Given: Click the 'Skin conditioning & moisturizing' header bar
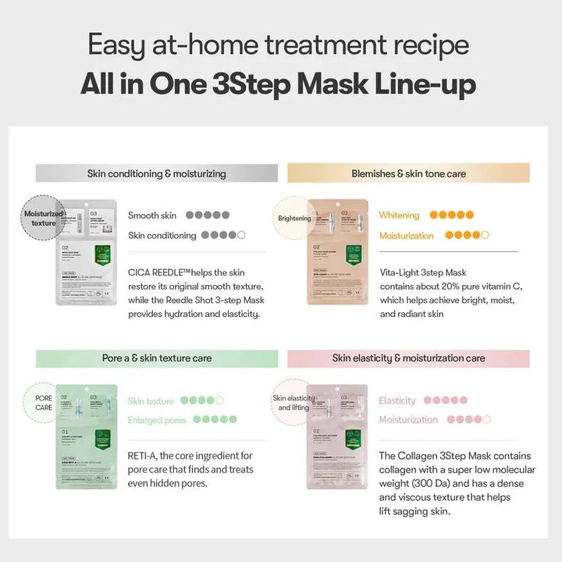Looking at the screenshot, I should pos(156,173).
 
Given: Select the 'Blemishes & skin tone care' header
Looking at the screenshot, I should pos(408,173).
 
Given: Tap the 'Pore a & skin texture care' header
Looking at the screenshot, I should pos(156,358).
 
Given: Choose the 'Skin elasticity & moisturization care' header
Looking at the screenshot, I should pos(408,358).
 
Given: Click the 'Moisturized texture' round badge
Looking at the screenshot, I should pos(43,218).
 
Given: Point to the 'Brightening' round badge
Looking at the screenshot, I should pos(294,219).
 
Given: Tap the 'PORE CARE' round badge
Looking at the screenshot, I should pos(43,404).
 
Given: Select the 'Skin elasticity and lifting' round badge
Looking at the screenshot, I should pos(291,403).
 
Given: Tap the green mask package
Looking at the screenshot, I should pos(87,437).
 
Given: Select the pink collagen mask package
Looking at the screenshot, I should pos(337,437).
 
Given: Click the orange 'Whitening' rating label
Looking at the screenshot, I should pos(399,215).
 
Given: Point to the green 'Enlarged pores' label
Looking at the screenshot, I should pos(156,420).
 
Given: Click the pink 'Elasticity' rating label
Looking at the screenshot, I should pos(397,400).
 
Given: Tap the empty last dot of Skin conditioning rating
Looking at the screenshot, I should pos(241,235).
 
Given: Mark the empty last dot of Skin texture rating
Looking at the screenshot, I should pos(219,400).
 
